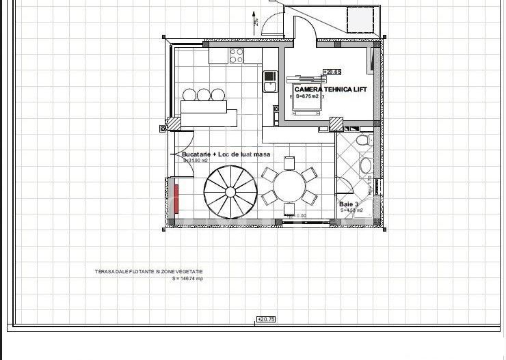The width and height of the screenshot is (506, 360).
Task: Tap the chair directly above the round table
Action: [289, 163]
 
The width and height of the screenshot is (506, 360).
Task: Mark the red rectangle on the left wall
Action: [176, 198]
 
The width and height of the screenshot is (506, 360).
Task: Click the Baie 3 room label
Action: [348, 204]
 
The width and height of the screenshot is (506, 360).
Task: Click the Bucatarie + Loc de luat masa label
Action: [226, 154]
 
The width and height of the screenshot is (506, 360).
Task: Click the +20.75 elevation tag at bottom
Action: [265, 319]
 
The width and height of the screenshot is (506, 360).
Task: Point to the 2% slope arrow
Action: [255, 20]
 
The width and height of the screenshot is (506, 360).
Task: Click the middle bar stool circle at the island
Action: [204, 94]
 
